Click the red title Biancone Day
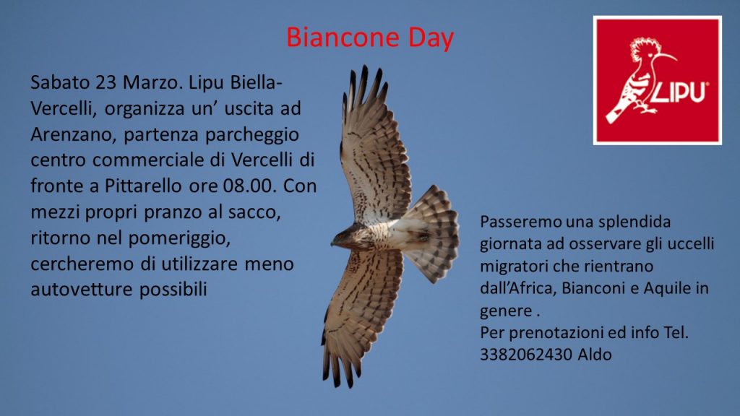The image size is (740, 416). [370, 38]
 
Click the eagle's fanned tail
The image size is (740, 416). [432, 233]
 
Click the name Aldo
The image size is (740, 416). [595, 354]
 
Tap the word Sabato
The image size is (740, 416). [60, 82]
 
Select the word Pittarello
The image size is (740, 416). [143, 186]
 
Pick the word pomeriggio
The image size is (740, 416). [179, 238]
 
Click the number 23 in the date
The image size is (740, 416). [106, 82]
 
